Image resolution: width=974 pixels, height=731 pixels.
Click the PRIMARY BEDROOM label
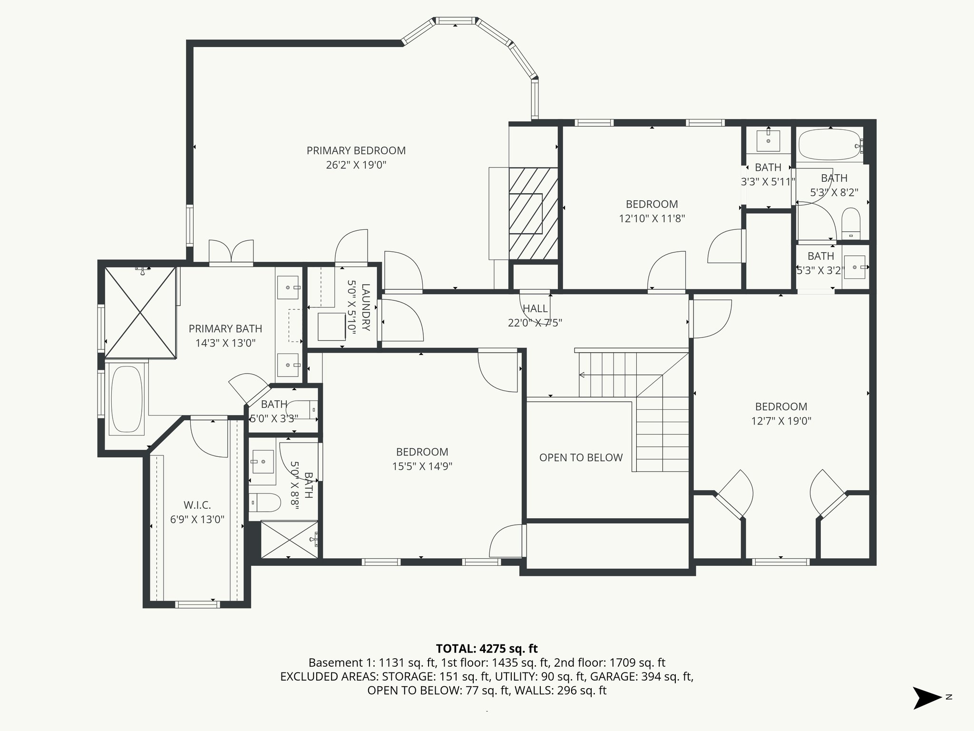tap(356, 151)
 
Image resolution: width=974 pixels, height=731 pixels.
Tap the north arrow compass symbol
tap(927, 698)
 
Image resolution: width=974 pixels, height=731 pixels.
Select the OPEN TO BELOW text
tap(581, 457)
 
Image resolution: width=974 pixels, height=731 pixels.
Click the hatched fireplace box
tap(533, 214)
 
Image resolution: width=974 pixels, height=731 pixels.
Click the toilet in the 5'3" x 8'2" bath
tap(851, 224)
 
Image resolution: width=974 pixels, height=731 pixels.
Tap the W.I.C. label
tap(197, 505)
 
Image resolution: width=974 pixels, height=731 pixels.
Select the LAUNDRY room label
tap(365, 307)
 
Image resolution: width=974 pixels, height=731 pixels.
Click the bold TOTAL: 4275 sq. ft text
tap(487, 649)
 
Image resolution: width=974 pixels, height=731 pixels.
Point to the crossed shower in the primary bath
tap(140, 312)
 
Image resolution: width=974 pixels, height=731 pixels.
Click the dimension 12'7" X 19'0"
tap(781, 421)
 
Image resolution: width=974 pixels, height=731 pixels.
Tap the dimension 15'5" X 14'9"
tap(422, 466)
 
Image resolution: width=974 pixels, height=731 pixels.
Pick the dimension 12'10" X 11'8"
tap(652, 218)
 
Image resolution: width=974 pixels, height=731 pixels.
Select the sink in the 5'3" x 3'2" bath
tap(856, 267)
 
